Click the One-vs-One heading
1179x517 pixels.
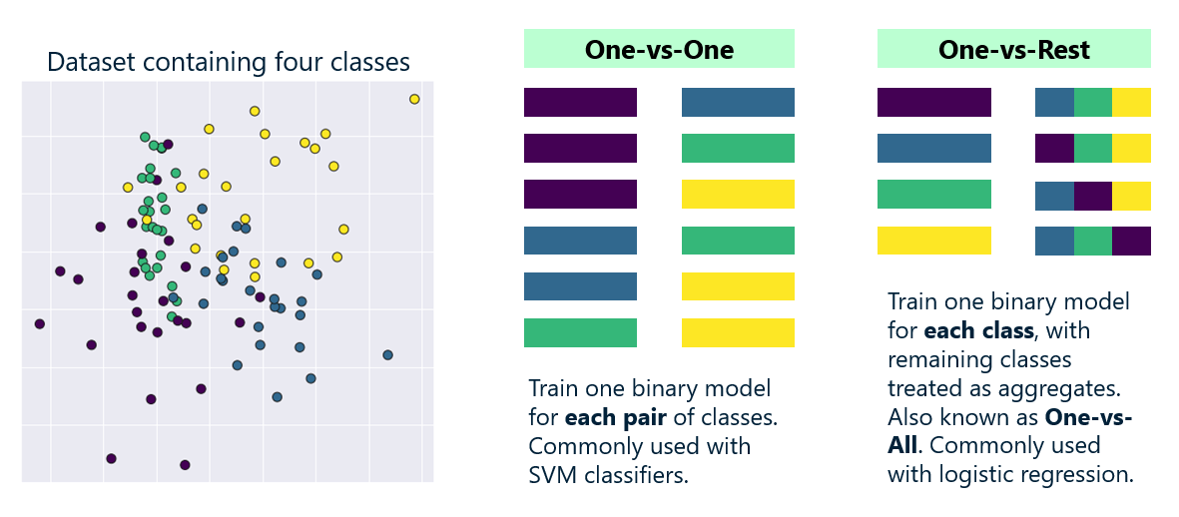coord(658,49)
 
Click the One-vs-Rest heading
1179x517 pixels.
coord(1013,49)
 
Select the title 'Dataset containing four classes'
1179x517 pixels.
coord(229,62)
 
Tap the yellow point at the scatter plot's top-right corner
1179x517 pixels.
coord(414,99)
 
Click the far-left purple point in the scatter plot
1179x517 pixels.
coord(40,323)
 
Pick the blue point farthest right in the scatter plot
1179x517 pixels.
coord(388,354)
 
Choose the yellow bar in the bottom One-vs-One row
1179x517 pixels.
coord(738,332)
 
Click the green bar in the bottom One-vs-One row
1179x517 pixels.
coord(580,332)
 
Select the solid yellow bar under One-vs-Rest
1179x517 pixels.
coord(933,241)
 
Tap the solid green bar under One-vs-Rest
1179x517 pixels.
coord(933,195)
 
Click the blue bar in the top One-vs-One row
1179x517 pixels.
coord(738,103)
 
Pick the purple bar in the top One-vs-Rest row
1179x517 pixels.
coord(933,103)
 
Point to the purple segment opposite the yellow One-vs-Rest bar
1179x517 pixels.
coord(1131,241)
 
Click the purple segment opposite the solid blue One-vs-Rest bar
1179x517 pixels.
coord(1054,149)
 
